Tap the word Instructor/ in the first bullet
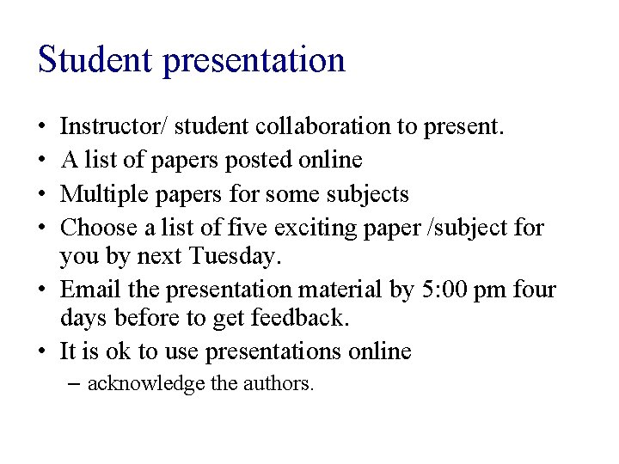[113, 127]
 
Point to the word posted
[254, 161]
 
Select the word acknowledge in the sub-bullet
[146, 383]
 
